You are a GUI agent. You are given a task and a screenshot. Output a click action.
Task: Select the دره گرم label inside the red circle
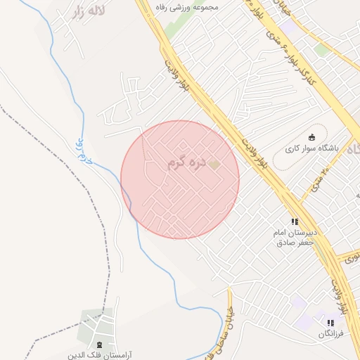pos(186,164)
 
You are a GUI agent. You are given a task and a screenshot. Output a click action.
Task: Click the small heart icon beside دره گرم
pos(215,164)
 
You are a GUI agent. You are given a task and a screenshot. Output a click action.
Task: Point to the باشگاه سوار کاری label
pos(312,149)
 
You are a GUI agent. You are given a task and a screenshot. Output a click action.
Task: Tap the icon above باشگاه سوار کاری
pos(312,137)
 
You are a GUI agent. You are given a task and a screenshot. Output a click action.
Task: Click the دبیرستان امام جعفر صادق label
pos(297,236)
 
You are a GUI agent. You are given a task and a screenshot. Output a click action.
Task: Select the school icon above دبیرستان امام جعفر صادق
pos(295,221)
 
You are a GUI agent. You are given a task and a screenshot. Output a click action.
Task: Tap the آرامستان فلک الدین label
pos(100,355)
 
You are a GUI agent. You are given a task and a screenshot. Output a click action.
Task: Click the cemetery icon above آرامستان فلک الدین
pos(99,345)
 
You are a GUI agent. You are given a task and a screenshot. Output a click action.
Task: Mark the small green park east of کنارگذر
pos(323,49)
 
